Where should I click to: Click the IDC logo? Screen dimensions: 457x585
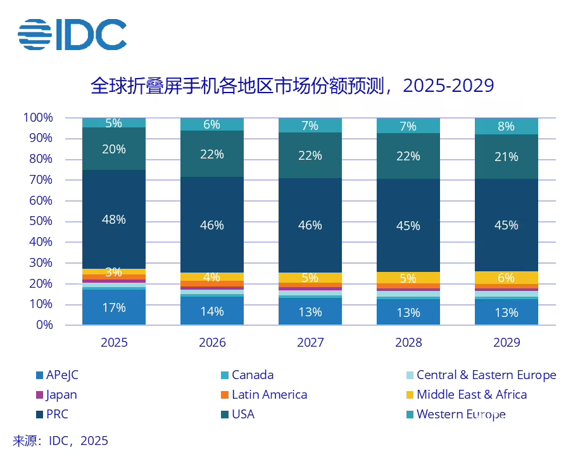pos(72,34)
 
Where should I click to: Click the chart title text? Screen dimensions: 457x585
pos(292,86)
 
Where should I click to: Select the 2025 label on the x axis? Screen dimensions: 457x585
pos(114,342)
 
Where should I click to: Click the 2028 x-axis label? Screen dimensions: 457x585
pos(408,342)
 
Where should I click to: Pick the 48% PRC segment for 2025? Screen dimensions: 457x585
pos(114,219)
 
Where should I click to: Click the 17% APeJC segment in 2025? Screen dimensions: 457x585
pos(114,308)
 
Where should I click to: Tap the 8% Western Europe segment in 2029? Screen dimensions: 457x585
pos(506,126)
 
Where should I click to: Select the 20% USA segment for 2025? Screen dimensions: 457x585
pos(114,150)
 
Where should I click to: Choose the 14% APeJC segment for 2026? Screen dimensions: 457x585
pos(212,311)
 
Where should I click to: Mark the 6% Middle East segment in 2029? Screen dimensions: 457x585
pos(506,278)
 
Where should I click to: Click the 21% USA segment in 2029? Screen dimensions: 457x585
pos(506,156)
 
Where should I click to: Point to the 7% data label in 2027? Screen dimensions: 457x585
pos(310,126)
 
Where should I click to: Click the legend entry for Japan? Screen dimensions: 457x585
pos(61,395)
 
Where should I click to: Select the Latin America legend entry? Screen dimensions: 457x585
pos(269,395)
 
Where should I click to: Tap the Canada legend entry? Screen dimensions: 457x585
pos(253,375)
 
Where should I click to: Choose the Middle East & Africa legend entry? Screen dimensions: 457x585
pos(471,395)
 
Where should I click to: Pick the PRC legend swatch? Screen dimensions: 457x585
pos(40,415)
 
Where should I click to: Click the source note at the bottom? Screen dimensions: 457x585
pos(61,441)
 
